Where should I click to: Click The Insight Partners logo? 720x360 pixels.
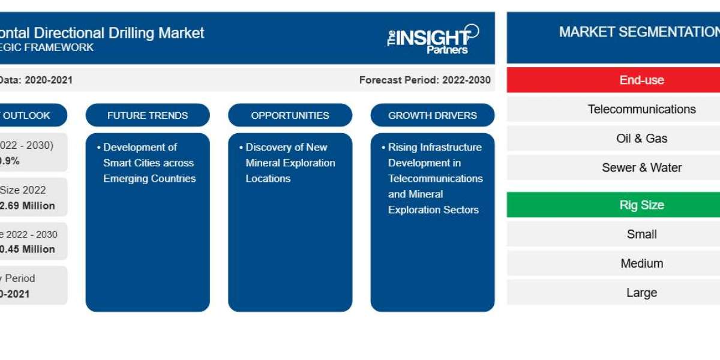(433, 38)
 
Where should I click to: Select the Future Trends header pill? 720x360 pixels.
(148, 115)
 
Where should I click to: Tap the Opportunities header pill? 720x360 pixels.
(290, 115)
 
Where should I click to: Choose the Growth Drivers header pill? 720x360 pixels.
(432, 115)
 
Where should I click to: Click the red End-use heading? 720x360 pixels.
(641, 80)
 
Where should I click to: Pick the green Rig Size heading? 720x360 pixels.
(641, 205)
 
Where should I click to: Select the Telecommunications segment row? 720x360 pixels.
(641, 109)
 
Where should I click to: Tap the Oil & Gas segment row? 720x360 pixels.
(641, 138)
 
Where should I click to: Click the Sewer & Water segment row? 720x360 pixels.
(641, 167)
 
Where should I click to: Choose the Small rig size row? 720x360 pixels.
(641, 234)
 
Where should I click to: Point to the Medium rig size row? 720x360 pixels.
(641, 263)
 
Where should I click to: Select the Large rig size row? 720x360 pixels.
(641, 293)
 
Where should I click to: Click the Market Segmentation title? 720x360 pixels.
(639, 32)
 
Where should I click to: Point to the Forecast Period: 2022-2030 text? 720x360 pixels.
(424, 80)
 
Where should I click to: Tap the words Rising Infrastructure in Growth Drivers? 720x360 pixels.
(434, 147)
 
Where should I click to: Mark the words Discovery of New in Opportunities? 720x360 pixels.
(286, 147)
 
